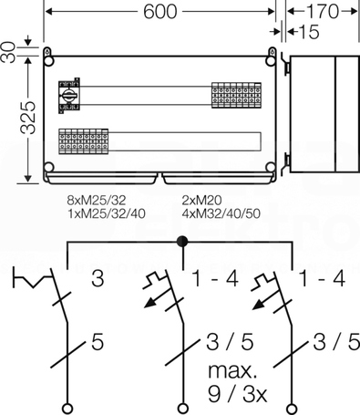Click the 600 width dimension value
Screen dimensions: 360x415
(159, 12)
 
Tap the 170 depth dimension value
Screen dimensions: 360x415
(323, 12)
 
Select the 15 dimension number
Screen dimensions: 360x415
(309, 32)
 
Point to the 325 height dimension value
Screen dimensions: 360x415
(28, 118)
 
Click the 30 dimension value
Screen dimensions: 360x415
(8, 52)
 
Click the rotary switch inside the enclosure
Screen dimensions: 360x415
(69, 96)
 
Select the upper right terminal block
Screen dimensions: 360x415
(236, 95)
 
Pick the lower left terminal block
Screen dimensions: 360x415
(83, 141)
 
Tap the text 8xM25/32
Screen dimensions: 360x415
(96, 200)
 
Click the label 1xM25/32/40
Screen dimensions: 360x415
(107, 213)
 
